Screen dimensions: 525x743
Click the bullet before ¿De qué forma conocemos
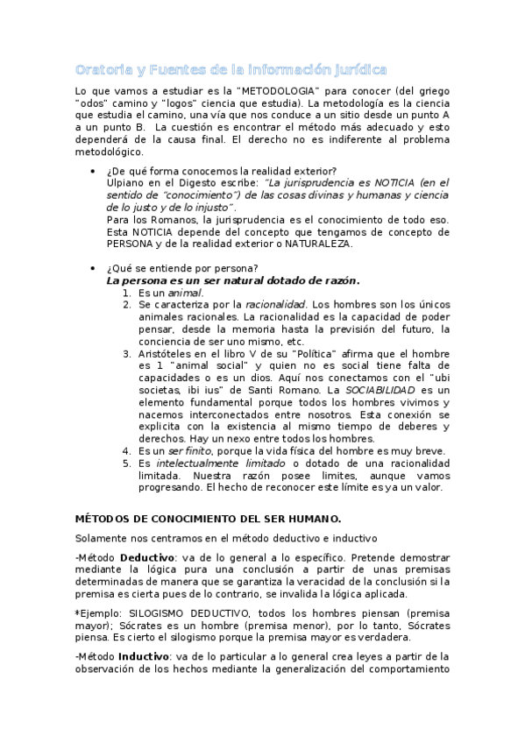[x=95, y=170]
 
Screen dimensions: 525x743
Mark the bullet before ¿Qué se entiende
[x=95, y=268]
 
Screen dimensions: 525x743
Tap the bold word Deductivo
[x=146, y=557]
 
